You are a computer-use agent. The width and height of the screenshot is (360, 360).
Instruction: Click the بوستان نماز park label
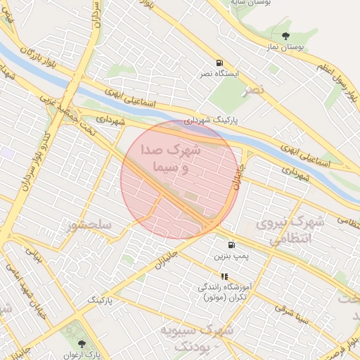285,46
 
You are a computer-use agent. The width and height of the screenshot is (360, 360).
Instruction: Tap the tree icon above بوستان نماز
285,35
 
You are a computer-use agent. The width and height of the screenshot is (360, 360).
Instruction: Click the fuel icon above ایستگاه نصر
220,62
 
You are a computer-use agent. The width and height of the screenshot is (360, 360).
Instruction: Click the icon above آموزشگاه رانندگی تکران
224,276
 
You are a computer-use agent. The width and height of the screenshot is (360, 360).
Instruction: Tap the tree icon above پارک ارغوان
82,344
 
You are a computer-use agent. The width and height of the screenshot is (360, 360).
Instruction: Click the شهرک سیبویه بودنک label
195,337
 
